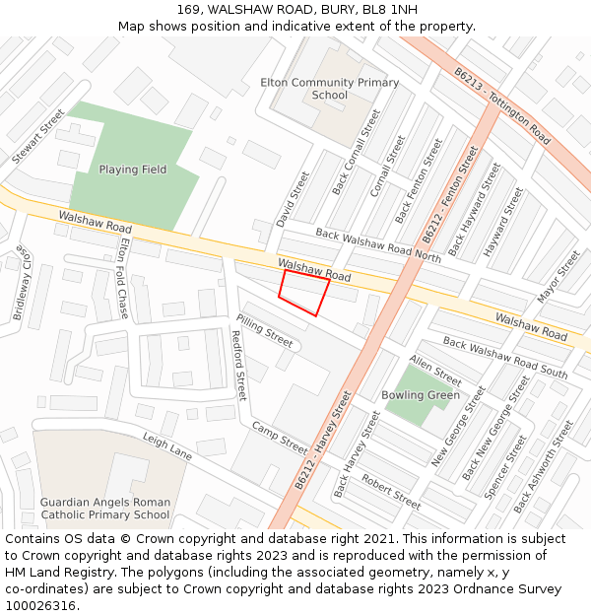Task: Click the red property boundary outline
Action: click(303, 292)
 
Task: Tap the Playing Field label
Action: click(133, 170)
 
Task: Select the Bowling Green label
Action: click(421, 395)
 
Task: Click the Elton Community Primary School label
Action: click(330, 89)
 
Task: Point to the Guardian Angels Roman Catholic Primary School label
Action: click(105, 508)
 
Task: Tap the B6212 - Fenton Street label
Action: click(449, 195)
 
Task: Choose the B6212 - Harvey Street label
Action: click(323, 440)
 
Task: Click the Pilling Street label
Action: click(264, 330)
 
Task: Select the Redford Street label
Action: click(237, 364)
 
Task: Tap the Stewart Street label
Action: click(38, 137)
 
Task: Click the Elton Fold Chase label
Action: click(125, 277)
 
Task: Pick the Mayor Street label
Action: click(558, 276)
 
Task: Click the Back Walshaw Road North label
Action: click(378, 244)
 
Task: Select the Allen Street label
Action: click(434, 371)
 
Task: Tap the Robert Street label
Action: click(390, 490)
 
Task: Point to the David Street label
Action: click(293, 198)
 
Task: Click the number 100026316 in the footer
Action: click(41, 605)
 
